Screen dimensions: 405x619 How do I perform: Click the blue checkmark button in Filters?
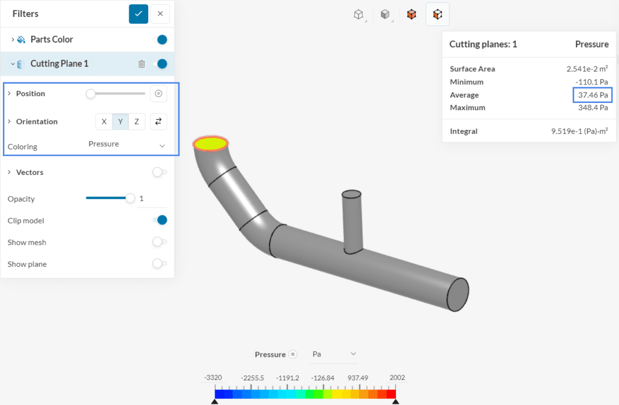[x=138, y=13]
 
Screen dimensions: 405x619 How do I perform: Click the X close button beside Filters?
[x=160, y=13]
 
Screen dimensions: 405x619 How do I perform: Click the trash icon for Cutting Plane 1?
[x=141, y=64]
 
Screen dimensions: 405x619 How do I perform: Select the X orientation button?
[x=104, y=122]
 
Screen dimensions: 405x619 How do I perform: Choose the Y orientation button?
[x=120, y=122]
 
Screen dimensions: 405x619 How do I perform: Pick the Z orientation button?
[x=137, y=122]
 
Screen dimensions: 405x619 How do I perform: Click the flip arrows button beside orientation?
[x=158, y=122]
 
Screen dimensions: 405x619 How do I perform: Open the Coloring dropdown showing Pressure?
[x=126, y=145]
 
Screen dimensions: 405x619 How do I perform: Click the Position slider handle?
[x=91, y=94]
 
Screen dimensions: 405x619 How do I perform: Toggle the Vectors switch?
[x=160, y=173]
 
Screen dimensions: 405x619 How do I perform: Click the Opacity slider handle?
[x=130, y=198]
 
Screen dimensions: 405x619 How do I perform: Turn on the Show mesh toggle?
[x=160, y=242]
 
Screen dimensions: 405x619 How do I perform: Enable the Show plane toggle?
[x=160, y=263]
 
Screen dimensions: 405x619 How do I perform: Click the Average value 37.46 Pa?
[x=592, y=95]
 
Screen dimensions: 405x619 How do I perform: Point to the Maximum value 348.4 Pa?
[x=592, y=108]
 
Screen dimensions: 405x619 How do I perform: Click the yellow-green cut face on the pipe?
[x=210, y=143]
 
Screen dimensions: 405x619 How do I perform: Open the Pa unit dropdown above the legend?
[x=332, y=354]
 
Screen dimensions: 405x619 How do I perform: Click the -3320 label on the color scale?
[x=213, y=378]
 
